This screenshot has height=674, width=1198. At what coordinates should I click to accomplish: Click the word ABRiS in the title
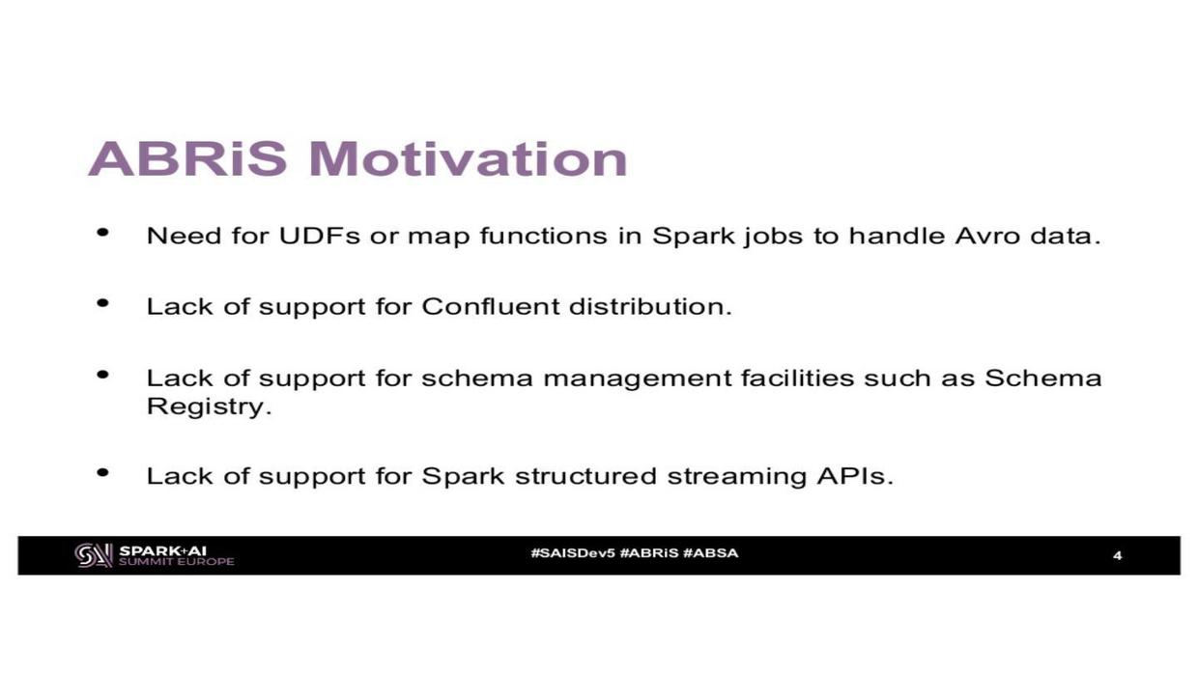tap(187, 158)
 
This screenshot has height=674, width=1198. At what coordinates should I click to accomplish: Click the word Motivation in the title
tap(468, 158)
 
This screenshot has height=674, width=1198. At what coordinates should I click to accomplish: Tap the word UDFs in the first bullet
tap(319, 236)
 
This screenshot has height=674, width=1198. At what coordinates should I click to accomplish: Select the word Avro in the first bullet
tap(987, 236)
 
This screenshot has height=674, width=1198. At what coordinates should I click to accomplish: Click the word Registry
tap(209, 407)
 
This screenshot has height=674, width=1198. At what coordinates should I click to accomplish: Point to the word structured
tap(585, 476)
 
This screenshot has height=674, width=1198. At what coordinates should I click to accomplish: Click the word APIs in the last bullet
tap(855, 476)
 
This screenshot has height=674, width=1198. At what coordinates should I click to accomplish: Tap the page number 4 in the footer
tap(1117, 556)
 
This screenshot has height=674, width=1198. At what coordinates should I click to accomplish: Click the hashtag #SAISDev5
tap(573, 553)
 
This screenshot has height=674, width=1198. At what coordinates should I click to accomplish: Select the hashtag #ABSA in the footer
tap(710, 553)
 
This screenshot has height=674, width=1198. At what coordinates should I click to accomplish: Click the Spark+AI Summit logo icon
tap(94, 555)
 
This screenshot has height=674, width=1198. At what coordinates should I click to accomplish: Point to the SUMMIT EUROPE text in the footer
tap(177, 562)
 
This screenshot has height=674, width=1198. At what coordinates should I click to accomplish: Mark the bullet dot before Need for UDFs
tap(102, 233)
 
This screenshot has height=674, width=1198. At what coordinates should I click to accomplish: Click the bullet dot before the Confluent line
tap(102, 303)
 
